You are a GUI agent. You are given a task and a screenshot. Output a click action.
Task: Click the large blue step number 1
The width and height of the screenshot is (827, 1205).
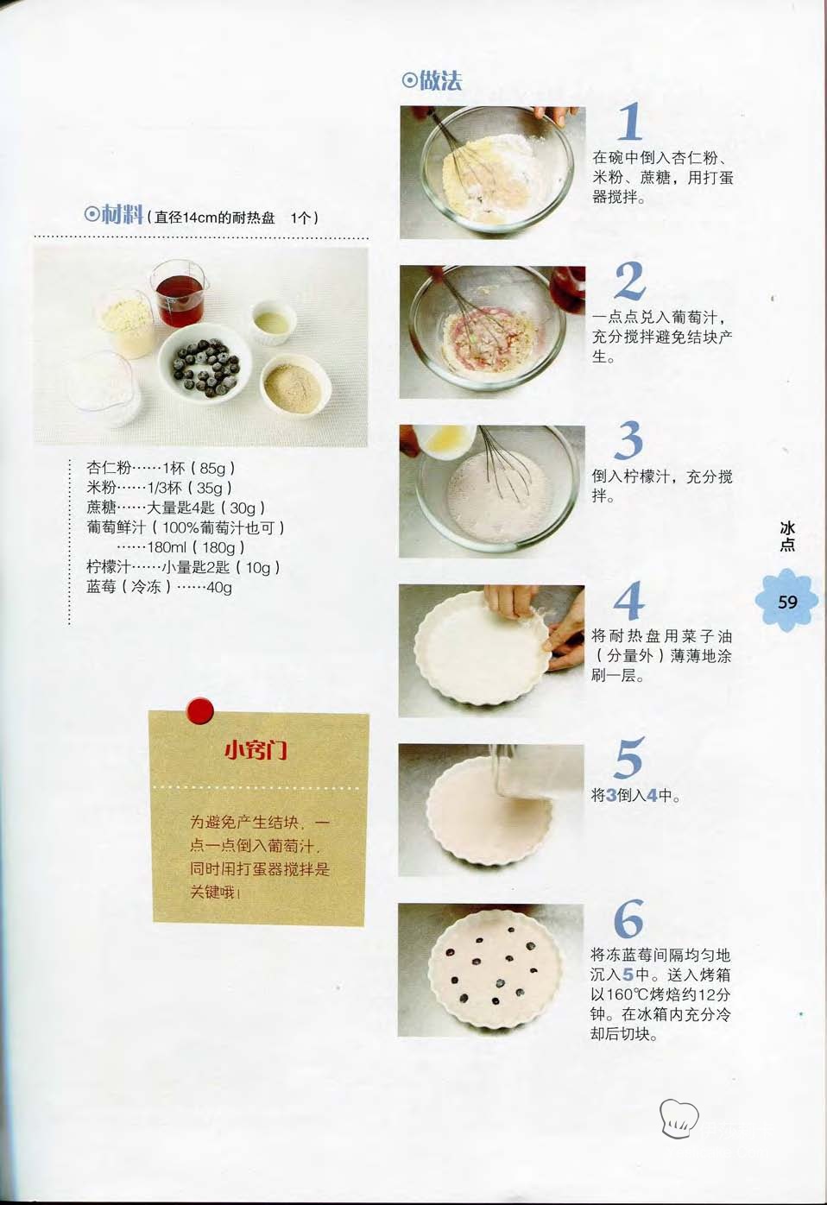[630, 121]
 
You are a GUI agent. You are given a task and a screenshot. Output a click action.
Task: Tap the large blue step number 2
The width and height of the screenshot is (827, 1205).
[629, 281]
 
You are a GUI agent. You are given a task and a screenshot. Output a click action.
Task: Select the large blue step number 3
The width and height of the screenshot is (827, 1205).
[628, 440]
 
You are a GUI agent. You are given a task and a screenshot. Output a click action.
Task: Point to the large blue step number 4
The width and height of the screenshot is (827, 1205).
[628, 600]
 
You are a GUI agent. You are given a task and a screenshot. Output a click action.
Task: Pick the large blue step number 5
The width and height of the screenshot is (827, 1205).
[628, 758]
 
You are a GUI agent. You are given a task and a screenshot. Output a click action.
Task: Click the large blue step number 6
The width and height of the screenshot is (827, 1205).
[628, 918]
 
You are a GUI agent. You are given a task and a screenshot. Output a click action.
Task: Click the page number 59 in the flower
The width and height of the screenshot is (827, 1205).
[787, 602]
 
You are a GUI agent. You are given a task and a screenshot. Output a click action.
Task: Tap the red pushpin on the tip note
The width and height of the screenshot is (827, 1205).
[199, 710]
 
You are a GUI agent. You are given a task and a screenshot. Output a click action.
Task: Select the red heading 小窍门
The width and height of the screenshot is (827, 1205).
[256, 750]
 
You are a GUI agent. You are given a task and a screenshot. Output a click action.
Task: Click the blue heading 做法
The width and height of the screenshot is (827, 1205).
[432, 80]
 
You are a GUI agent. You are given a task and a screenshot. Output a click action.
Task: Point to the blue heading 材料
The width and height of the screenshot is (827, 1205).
[114, 215]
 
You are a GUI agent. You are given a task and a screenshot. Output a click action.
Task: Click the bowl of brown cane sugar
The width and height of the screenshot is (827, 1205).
[295, 386]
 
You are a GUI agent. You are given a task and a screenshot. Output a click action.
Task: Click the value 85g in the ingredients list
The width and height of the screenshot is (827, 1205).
[212, 469]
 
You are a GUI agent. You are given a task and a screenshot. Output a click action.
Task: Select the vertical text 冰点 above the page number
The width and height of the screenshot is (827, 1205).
[787, 537]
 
